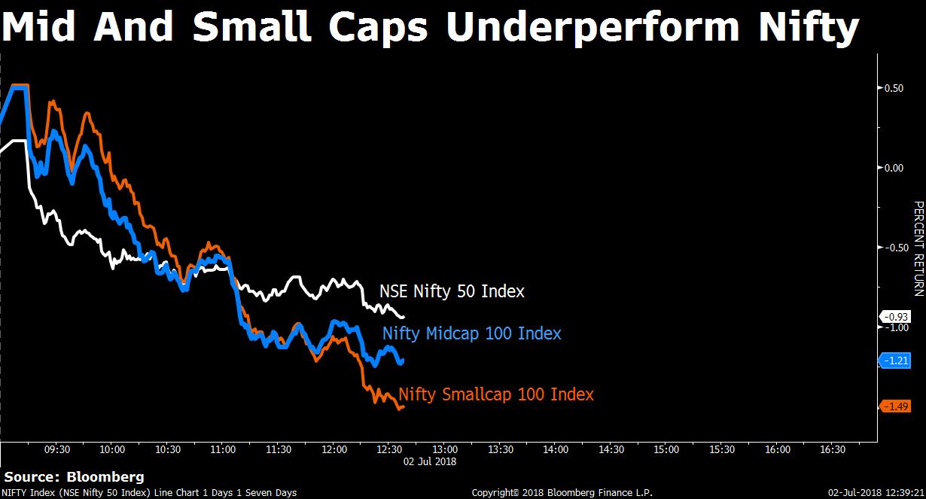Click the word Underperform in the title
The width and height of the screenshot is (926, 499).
coord(592,28)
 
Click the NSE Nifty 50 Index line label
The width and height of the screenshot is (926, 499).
coord(452,291)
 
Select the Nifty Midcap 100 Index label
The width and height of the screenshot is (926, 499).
coord(471,333)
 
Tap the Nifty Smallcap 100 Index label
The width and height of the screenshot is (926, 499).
coord(496,394)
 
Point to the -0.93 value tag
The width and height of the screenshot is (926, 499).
coord(895,316)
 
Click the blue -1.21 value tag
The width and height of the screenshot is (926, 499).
coord(895,361)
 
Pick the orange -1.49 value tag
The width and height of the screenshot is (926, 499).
coord(895,406)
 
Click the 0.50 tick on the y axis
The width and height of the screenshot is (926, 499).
coord(894,88)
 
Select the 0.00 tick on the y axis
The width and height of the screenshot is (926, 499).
coord(894,168)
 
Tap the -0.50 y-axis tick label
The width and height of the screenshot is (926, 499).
coord(894,248)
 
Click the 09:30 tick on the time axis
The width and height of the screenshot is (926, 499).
coord(57,449)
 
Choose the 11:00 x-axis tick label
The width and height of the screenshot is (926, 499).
coord(223,449)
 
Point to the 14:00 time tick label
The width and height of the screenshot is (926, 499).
coord(556,449)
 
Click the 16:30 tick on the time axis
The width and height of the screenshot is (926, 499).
coord(833,449)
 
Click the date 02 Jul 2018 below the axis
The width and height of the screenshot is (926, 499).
coord(430,461)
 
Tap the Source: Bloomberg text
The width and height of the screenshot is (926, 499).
coord(74,477)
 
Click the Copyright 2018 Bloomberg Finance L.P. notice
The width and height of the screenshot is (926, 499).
coord(562,493)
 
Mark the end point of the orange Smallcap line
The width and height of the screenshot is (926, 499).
coord(404,407)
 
